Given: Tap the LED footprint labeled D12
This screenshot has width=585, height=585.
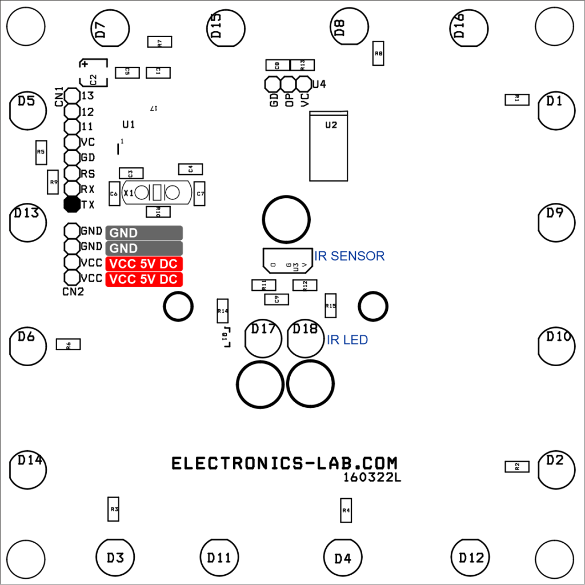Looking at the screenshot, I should (471, 558).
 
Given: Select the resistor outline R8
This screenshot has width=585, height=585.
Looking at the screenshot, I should (378, 54).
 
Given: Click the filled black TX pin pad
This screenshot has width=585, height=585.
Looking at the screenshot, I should (72, 204).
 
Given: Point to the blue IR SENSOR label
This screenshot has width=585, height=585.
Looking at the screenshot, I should (350, 256).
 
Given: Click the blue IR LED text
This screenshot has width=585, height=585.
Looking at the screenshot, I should (347, 340).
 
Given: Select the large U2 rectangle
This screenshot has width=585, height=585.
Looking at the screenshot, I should (328, 146).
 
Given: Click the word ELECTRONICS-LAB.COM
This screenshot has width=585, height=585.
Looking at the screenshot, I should (285, 463).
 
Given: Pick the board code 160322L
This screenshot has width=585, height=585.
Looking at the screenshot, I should (372, 477).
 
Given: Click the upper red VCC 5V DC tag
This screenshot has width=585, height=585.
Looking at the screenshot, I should (144, 264).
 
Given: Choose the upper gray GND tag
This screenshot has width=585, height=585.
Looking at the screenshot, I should (144, 233).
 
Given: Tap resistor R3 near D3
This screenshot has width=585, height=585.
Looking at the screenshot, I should (114, 508).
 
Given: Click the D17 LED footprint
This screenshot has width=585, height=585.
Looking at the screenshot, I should (263, 338).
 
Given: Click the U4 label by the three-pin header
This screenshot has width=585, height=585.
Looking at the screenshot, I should (319, 85).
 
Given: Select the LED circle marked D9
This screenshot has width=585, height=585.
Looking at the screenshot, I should (555, 222).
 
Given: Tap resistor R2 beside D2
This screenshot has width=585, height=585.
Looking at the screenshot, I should (517, 467).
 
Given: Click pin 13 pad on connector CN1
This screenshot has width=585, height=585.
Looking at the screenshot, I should (72, 95).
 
